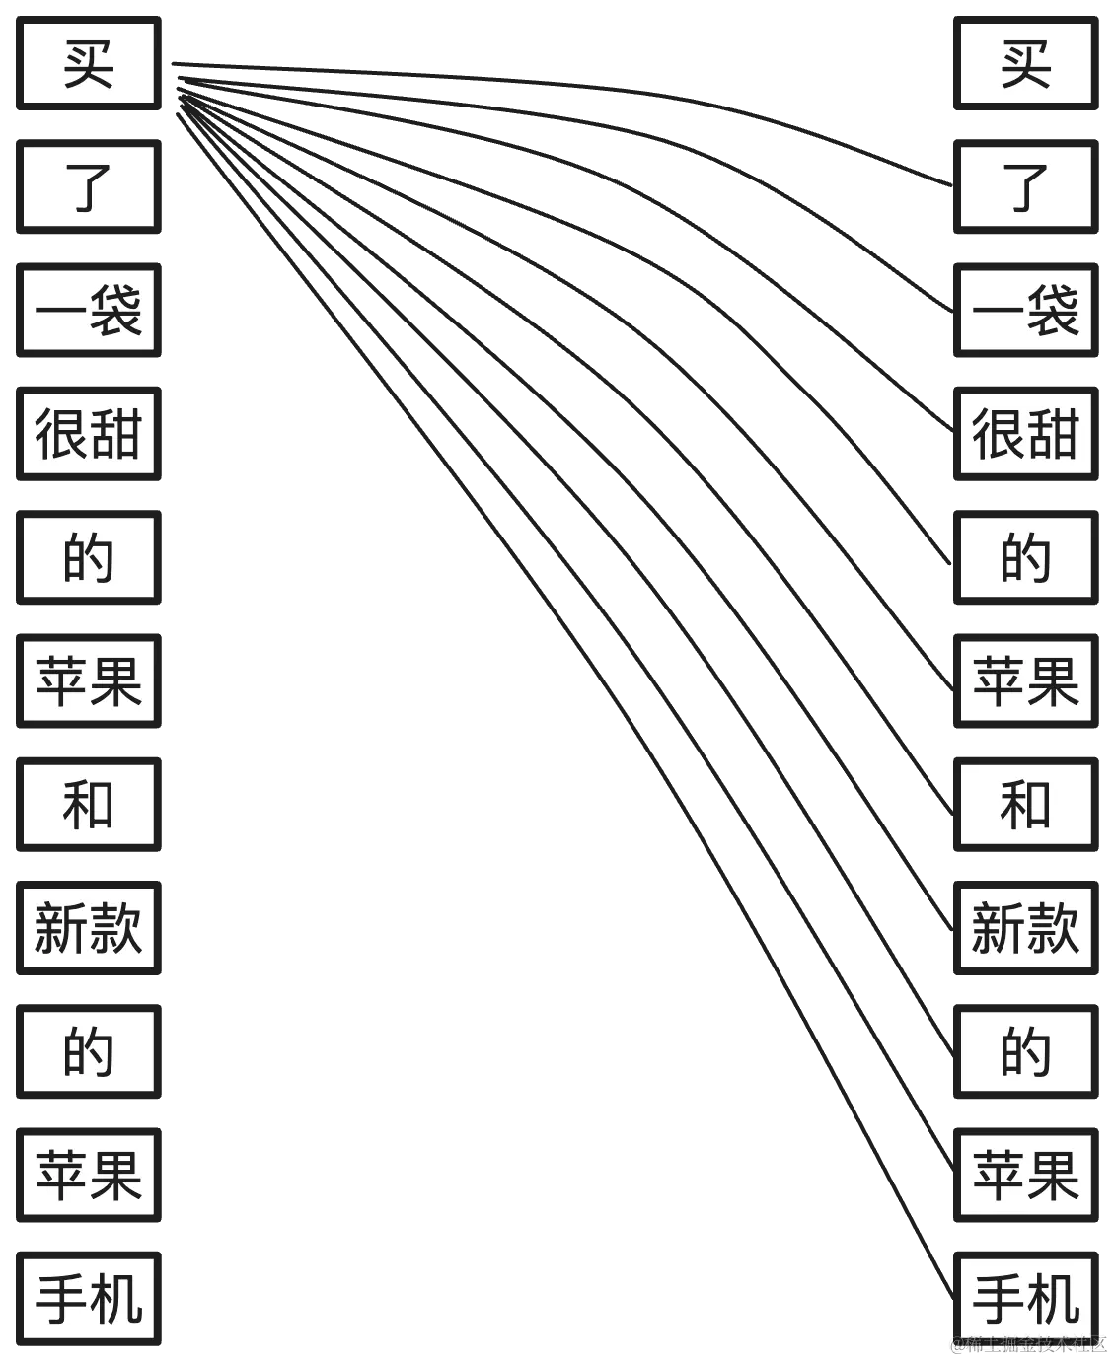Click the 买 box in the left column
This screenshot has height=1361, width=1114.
point(89,63)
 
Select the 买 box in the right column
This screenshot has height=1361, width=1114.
point(1025,63)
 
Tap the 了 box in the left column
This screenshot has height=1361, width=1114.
point(89,187)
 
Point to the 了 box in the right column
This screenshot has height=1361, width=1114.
point(1025,187)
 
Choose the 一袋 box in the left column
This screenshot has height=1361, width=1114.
point(89,311)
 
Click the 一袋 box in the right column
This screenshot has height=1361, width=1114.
point(1025,311)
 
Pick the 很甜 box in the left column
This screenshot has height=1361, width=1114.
point(89,434)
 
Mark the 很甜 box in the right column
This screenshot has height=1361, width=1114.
point(1025,434)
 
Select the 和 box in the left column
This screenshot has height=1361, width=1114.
point(89,805)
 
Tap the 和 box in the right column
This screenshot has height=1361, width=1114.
point(1025,805)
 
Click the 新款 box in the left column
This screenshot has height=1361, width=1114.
point(89,928)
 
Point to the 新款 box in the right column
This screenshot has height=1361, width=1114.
point(1025,928)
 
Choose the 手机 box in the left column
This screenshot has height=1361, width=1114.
point(89,1299)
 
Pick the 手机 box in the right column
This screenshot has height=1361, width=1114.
point(1025,1299)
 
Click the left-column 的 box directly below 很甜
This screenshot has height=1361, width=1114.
point(89,557)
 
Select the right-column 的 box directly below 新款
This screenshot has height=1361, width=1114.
point(1025,1051)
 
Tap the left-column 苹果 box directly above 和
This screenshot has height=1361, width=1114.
point(89,681)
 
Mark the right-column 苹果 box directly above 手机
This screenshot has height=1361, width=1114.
point(1025,1176)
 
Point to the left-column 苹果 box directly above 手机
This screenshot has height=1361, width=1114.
point(89,1176)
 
